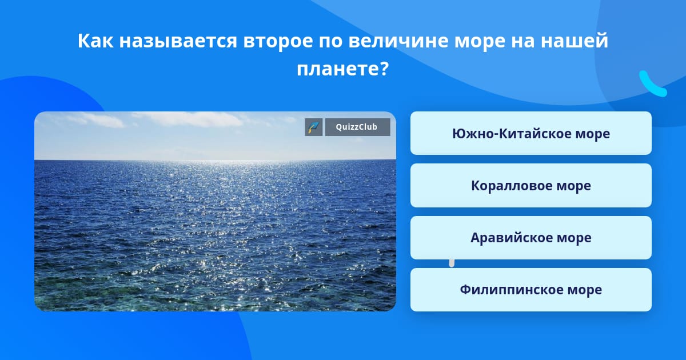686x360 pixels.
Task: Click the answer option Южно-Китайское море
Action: coord(531,133)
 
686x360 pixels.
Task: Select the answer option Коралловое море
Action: coord(531,186)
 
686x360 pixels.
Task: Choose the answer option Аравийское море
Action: coord(531,238)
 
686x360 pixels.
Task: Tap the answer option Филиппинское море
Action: coord(531,290)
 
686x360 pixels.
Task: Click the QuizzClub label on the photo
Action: coord(357,127)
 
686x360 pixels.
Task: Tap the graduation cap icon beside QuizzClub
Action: coord(314,127)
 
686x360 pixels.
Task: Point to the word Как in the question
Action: coord(95,41)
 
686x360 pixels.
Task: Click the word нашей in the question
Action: coord(574,40)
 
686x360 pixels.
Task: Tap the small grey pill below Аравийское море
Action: coord(452,263)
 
